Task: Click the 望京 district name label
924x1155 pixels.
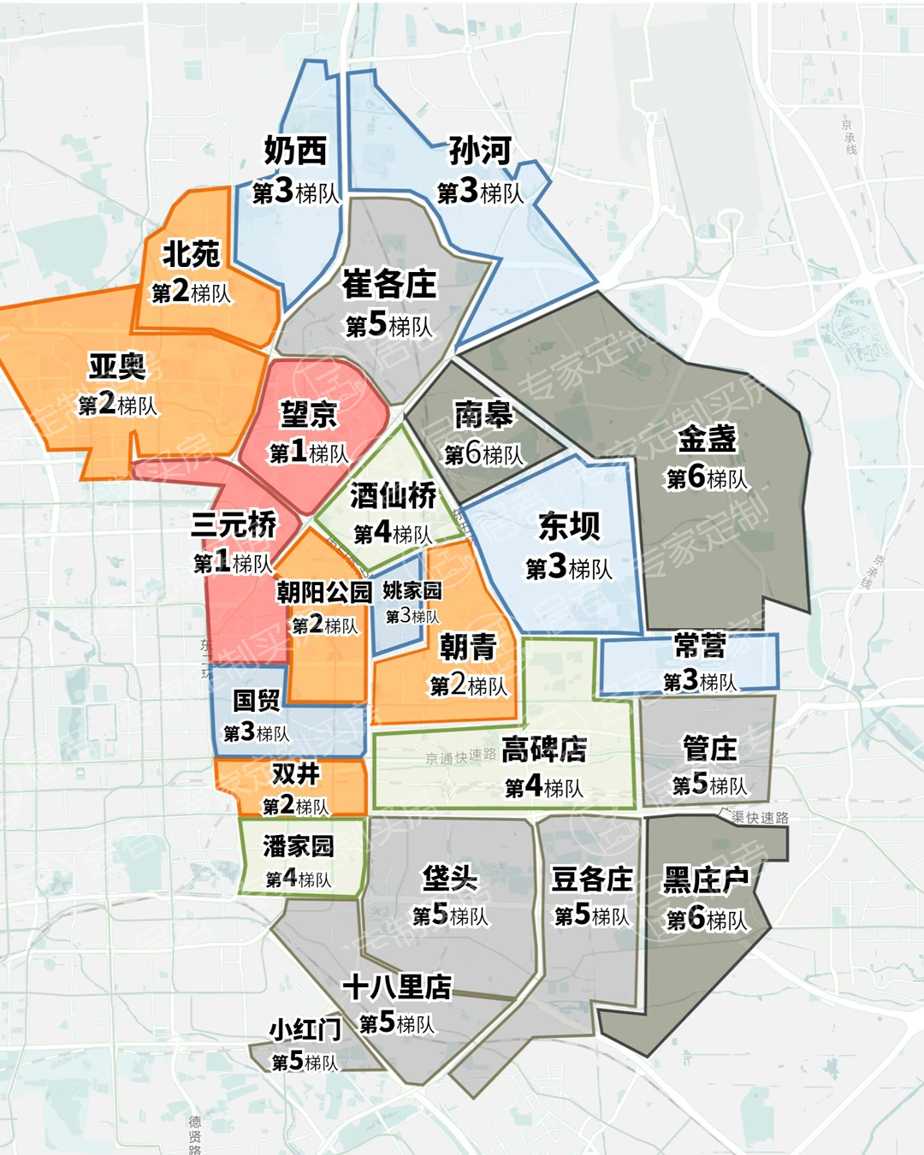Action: coord(309,415)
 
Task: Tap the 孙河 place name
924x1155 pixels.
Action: coord(480,151)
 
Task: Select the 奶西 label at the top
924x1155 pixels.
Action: coord(295,151)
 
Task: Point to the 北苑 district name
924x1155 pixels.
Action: coord(192,254)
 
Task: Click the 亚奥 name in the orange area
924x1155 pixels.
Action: coord(117,366)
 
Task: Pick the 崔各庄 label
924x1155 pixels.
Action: coord(389,284)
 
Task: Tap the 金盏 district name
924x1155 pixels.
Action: coord(707,439)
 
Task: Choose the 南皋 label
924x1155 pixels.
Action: coord(483,415)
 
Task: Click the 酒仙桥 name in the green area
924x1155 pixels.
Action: coord(393,495)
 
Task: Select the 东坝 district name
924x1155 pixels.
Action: coord(569,526)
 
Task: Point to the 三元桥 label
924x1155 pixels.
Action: coord(234,524)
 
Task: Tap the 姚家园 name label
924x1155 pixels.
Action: coord(412,590)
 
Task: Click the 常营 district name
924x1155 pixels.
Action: coord(700,645)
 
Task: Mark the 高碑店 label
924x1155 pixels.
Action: coord(544,749)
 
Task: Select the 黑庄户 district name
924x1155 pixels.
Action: coord(706,880)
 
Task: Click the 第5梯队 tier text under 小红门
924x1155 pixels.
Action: coord(305,1062)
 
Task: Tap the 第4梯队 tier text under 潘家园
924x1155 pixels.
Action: coord(298,879)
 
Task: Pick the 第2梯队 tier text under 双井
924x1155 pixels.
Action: coord(295,806)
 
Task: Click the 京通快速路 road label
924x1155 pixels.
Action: coord(460,756)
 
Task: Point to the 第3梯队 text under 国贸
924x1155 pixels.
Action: coord(257,733)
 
